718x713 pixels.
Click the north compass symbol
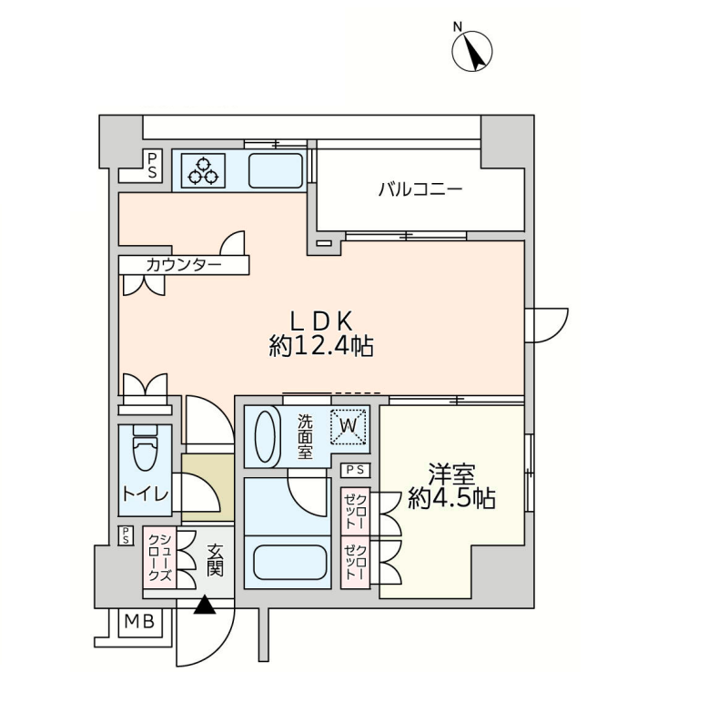coord(472,50)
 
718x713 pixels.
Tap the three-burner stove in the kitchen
coord(203,170)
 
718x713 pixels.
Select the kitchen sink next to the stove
coord(276,170)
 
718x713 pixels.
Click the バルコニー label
coord(420,188)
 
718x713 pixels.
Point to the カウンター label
coord(184,265)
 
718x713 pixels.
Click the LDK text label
coord(321,321)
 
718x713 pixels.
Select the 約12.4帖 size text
coord(321,346)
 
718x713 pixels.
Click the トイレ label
coord(146,494)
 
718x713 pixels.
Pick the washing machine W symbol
coord(348,426)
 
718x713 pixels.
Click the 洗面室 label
coord(306,437)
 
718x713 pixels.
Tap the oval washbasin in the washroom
coord(265,436)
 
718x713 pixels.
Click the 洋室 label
coord(451,474)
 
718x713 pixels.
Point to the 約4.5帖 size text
coord(451,498)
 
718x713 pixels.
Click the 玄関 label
coord(214,559)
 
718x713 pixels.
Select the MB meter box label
coord(139,622)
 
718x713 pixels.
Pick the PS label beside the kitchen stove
coord(152,166)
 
